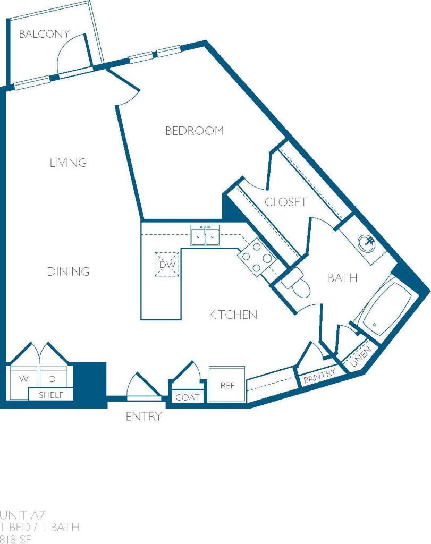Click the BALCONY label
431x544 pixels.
(x=44, y=35)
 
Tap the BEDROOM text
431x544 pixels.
(x=195, y=131)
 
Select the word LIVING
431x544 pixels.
(x=68, y=163)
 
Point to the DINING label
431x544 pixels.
(x=68, y=271)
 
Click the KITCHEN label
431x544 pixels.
(x=233, y=314)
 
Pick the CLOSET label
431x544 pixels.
(x=285, y=202)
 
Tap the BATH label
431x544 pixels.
(x=342, y=278)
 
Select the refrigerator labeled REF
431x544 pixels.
(x=227, y=385)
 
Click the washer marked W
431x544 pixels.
(x=24, y=379)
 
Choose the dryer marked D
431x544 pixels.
(x=53, y=379)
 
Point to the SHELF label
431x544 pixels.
(x=52, y=395)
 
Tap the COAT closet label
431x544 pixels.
(x=187, y=397)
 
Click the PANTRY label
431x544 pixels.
(x=319, y=375)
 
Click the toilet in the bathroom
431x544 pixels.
(x=296, y=282)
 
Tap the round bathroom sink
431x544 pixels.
(x=367, y=244)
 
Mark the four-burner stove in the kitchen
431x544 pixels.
(x=256, y=257)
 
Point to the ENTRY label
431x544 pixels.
(x=143, y=416)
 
